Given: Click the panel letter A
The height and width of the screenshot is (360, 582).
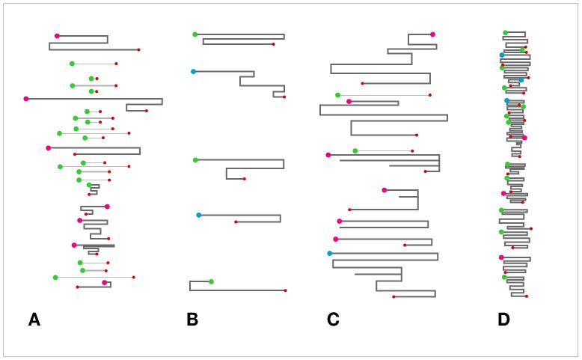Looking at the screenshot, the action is (34, 320).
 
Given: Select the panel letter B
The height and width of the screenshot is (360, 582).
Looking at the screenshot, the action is (192, 320).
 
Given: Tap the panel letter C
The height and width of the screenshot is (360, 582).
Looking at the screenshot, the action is (333, 320).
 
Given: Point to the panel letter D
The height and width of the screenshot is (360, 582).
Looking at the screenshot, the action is (503, 320).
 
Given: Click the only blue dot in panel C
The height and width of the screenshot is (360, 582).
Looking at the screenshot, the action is (330, 254).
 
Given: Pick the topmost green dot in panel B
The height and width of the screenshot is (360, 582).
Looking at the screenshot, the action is (195, 34).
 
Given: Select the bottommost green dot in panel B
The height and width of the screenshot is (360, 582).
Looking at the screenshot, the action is (211, 281).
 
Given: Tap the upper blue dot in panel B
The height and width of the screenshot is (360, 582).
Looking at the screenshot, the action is (194, 71).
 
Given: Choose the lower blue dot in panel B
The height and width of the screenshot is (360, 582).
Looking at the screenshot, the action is (199, 215).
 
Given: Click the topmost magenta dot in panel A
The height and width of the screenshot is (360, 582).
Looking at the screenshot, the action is (57, 36).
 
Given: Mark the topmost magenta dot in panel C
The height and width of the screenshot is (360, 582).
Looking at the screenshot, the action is (433, 34).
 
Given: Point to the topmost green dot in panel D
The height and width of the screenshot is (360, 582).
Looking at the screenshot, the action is (505, 33).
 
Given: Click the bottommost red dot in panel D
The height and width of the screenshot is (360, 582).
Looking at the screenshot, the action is (527, 296).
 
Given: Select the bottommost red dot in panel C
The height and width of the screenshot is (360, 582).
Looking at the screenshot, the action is (393, 297).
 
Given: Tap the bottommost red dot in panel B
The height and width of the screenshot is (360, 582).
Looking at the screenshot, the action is (286, 290).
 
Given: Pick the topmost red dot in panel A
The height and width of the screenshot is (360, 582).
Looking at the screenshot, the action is (139, 49).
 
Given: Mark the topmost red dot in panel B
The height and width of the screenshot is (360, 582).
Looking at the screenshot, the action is (274, 44).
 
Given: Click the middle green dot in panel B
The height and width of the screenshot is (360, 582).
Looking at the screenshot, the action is (195, 160).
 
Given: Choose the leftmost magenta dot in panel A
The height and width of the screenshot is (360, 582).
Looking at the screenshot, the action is (26, 99).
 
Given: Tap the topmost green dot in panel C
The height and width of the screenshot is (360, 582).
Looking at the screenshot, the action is (338, 95).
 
